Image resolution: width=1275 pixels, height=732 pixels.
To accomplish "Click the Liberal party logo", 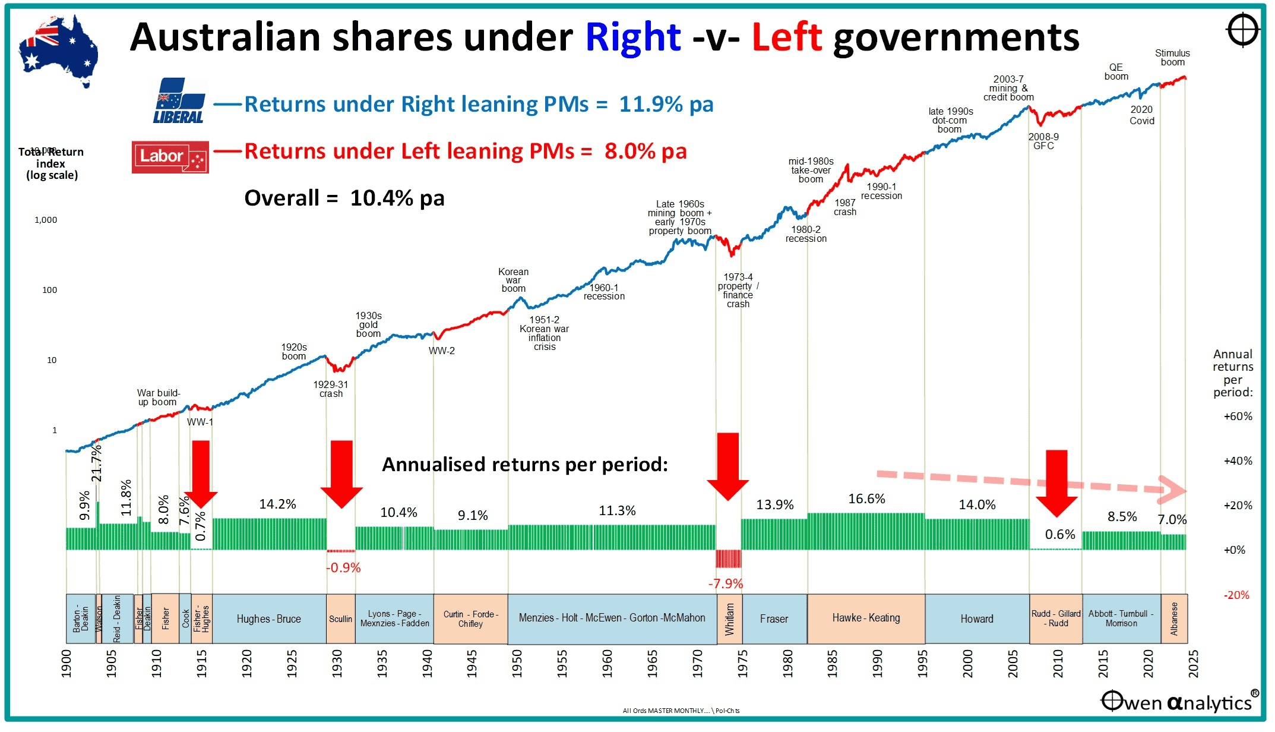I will (x=179, y=101).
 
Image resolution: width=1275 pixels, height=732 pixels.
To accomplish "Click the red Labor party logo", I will (x=170, y=157).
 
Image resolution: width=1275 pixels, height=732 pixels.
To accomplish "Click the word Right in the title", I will (x=632, y=37).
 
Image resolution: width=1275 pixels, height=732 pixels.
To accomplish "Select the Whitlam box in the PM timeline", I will (x=729, y=619).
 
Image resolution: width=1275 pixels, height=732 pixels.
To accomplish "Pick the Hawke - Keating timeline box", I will (x=866, y=619).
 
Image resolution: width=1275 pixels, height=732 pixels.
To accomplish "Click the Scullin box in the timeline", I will (x=340, y=619).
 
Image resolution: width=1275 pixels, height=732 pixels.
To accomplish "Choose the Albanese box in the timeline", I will (x=1173, y=619).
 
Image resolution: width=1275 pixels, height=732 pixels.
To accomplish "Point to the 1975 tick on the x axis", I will (x=742, y=663).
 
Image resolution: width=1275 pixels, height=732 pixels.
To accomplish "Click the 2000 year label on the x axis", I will (x=967, y=663).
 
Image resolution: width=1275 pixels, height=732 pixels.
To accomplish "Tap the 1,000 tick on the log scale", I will (x=46, y=220).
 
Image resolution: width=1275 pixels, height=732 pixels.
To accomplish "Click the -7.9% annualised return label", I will (x=725, y=583).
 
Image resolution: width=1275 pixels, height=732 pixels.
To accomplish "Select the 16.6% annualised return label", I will (x=866, y=498).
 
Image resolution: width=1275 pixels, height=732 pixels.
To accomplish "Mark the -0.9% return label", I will (x=343, y=567).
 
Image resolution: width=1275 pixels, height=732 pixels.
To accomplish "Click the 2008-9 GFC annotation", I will (x=1043, y=141).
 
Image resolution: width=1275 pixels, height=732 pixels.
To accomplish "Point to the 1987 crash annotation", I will (x=844, y=207).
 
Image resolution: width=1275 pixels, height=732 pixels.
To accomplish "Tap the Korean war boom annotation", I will (x=513, y=280).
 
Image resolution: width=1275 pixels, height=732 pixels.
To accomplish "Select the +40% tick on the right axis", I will (x=1238, y=461).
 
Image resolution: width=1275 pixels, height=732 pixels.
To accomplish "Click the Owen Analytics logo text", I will (x=1179, y=702).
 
